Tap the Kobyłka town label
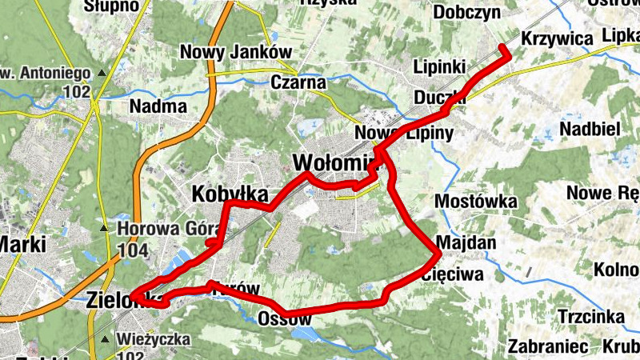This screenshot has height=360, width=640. click(229, 194)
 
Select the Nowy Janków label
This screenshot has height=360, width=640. click(234, 51)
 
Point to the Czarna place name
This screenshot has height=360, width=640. click(298, 82)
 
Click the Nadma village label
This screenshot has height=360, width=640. click(158, 106)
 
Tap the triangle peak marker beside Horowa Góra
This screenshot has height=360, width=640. click(104, 230)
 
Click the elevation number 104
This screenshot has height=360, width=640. click(132, 250)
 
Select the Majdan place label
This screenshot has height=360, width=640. click(467, 242)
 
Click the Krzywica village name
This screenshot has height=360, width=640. click(555, 38)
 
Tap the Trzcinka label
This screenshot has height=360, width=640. click(591, 317)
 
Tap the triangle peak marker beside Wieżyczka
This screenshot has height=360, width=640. click(104, 339)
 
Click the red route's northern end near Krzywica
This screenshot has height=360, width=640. click(504, 49)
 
